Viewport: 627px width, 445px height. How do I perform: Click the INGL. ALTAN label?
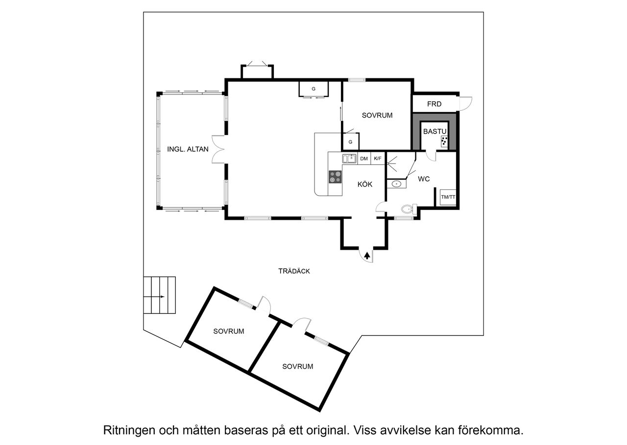[x=188, y=149]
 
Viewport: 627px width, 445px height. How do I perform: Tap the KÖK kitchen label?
[x=364, y=185]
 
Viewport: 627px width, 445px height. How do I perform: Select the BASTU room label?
[x=435, y=131]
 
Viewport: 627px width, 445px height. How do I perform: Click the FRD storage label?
[x=434, y=104]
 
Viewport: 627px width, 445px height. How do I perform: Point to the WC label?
[x=424, y=179]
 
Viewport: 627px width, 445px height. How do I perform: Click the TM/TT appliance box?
[x=448, y=197]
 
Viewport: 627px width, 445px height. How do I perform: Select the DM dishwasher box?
[x=364, y=159]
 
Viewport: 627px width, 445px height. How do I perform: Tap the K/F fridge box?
[x=378, y=159]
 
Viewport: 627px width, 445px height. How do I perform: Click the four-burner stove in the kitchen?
[x=335, y=177]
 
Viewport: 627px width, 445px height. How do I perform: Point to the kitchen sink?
[x=349, y=158]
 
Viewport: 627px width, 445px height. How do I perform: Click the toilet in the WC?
[x=407, y=210]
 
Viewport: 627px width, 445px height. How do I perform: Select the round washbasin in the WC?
[x=396, y=184]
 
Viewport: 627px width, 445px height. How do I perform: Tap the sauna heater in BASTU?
[x=444, y=142]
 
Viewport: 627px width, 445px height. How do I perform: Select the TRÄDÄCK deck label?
[x=294, y=271]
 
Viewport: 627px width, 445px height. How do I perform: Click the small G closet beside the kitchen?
[x=350, y=142]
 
